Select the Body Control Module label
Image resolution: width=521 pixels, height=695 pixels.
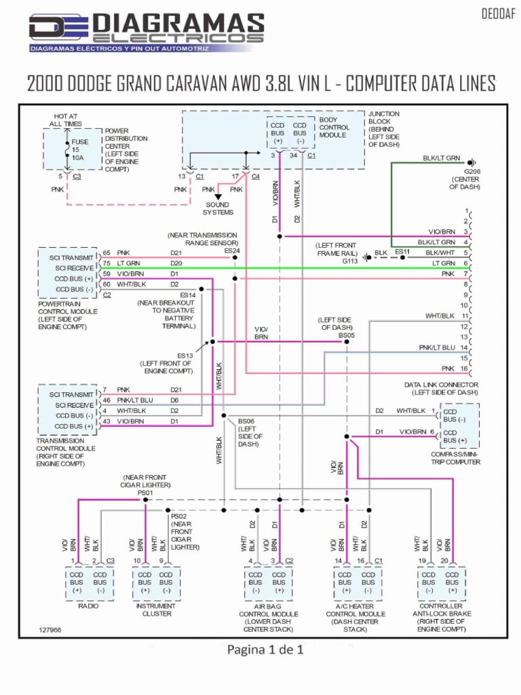point(334,127)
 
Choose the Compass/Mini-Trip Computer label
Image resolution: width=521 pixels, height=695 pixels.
point(455,458)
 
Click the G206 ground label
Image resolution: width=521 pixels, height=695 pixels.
point(472,172)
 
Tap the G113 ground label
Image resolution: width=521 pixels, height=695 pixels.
point(349,261)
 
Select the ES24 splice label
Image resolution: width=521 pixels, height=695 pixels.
point(232,250)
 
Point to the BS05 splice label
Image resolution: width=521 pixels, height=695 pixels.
point(346,335)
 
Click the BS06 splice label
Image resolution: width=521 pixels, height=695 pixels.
point(246,421)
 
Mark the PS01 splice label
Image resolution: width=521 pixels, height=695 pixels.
point(146,493)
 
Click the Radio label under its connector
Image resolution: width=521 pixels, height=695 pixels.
point(88,605)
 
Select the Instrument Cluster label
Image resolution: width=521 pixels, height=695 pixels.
point(155,609)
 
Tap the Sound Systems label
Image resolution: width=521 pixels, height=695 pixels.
point(217,208)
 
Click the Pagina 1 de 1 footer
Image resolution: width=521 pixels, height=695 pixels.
point(265,650)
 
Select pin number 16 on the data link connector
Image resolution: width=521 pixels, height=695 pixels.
point(465,369)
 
